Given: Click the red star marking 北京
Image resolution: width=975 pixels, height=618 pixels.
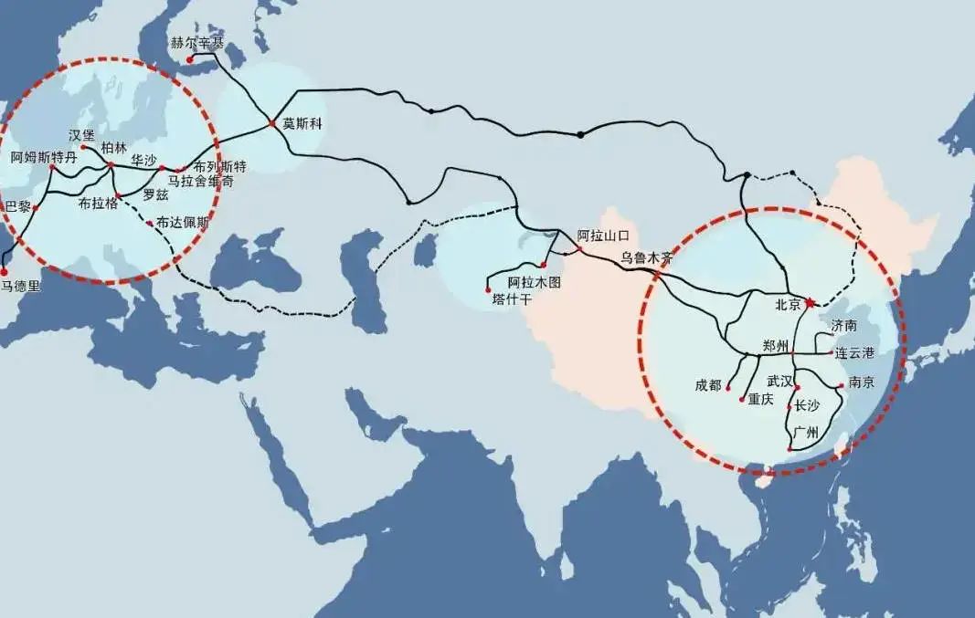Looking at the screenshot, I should click(809, 303).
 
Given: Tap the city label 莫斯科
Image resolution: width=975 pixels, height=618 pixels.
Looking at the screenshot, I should click(302, 122).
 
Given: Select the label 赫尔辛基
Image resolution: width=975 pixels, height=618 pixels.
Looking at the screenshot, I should click(196, 42).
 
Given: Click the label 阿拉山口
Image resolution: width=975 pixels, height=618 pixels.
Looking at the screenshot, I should click(604, 236).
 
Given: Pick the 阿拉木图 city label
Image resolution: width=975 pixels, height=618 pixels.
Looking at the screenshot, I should click(534, 281).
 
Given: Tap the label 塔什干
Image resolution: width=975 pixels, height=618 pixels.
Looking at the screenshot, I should click(511, 298).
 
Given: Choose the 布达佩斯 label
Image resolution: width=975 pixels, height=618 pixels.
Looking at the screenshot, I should click(183, 222).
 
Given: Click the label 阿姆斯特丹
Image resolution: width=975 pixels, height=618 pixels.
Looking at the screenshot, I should click(44, 157).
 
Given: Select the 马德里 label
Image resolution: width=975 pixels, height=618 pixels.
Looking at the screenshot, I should click(20, 286).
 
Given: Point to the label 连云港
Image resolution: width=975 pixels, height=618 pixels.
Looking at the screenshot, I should click(853, 352).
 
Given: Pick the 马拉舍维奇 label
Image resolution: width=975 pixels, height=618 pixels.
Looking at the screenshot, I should click(201, 182).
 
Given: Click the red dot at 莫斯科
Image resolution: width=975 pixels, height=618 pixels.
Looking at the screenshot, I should click(272, 123).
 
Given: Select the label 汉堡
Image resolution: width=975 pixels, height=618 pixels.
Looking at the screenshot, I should click(82, 135).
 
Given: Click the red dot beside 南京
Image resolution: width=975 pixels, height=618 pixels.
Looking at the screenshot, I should click(841, 384).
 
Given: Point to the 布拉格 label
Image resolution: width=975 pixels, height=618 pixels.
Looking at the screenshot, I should click(99, 204).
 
